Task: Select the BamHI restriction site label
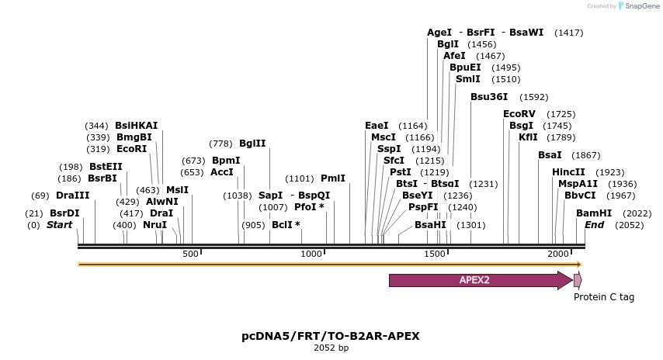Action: (x=594, y=213)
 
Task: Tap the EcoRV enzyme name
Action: (x=519, y=114)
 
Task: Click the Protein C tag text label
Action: (x=604, y=297)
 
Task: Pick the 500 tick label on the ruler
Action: (x=190, y=254)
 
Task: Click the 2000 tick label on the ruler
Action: (x=558, y=254)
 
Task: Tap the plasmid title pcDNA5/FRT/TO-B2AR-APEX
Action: (x=331, y=336)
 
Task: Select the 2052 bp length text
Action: (x=331, y=348)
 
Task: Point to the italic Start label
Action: (x=59, y=225)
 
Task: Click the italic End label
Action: (x=594, y=225)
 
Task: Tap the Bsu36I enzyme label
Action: (x=489, y=97)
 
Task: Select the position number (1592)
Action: (x=534, y=98)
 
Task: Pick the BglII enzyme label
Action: (x=252, y=144)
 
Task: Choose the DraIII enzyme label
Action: (x=72, y=196)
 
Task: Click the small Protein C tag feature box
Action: (x=578, y=280)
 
